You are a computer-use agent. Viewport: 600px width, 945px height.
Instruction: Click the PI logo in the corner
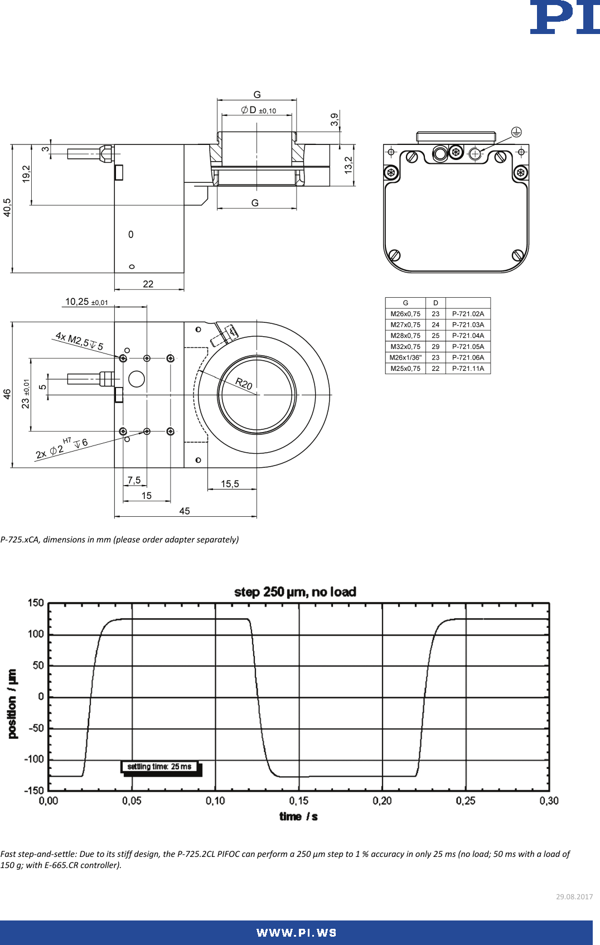click(564, 17)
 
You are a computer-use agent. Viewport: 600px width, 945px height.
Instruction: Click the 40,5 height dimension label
click(7, 207)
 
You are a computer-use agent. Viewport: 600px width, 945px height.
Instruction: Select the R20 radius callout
click(244, 384)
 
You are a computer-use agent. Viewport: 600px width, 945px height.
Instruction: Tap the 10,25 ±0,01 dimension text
click(86, 302)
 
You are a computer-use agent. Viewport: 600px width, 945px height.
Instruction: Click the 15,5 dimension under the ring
click(230, 484)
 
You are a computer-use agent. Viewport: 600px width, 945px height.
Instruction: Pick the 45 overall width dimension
click(185, 511)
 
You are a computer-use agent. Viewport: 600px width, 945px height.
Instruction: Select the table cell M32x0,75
click(405, 347)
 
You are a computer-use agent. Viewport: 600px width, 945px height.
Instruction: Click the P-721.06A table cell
click(468, 357)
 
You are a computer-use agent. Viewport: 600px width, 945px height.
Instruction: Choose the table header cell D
click(436, 303)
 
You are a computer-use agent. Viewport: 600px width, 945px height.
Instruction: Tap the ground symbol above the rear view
click(516, 132)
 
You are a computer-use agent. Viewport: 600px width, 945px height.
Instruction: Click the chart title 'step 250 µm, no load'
click(295, 592)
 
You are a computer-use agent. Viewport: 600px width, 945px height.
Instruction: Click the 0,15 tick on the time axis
click(298, 801)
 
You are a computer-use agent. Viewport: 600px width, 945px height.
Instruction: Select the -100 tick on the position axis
click(33, 759)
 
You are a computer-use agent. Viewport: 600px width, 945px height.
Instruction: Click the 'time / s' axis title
click(298, 816)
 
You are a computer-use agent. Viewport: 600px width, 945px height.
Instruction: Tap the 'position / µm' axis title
click(12, 704)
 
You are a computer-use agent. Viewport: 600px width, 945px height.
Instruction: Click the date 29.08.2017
click(574, 896)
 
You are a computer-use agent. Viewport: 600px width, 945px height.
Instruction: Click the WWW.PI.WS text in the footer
click(296, 933)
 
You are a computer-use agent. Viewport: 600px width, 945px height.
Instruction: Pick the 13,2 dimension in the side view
click(349, 165)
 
